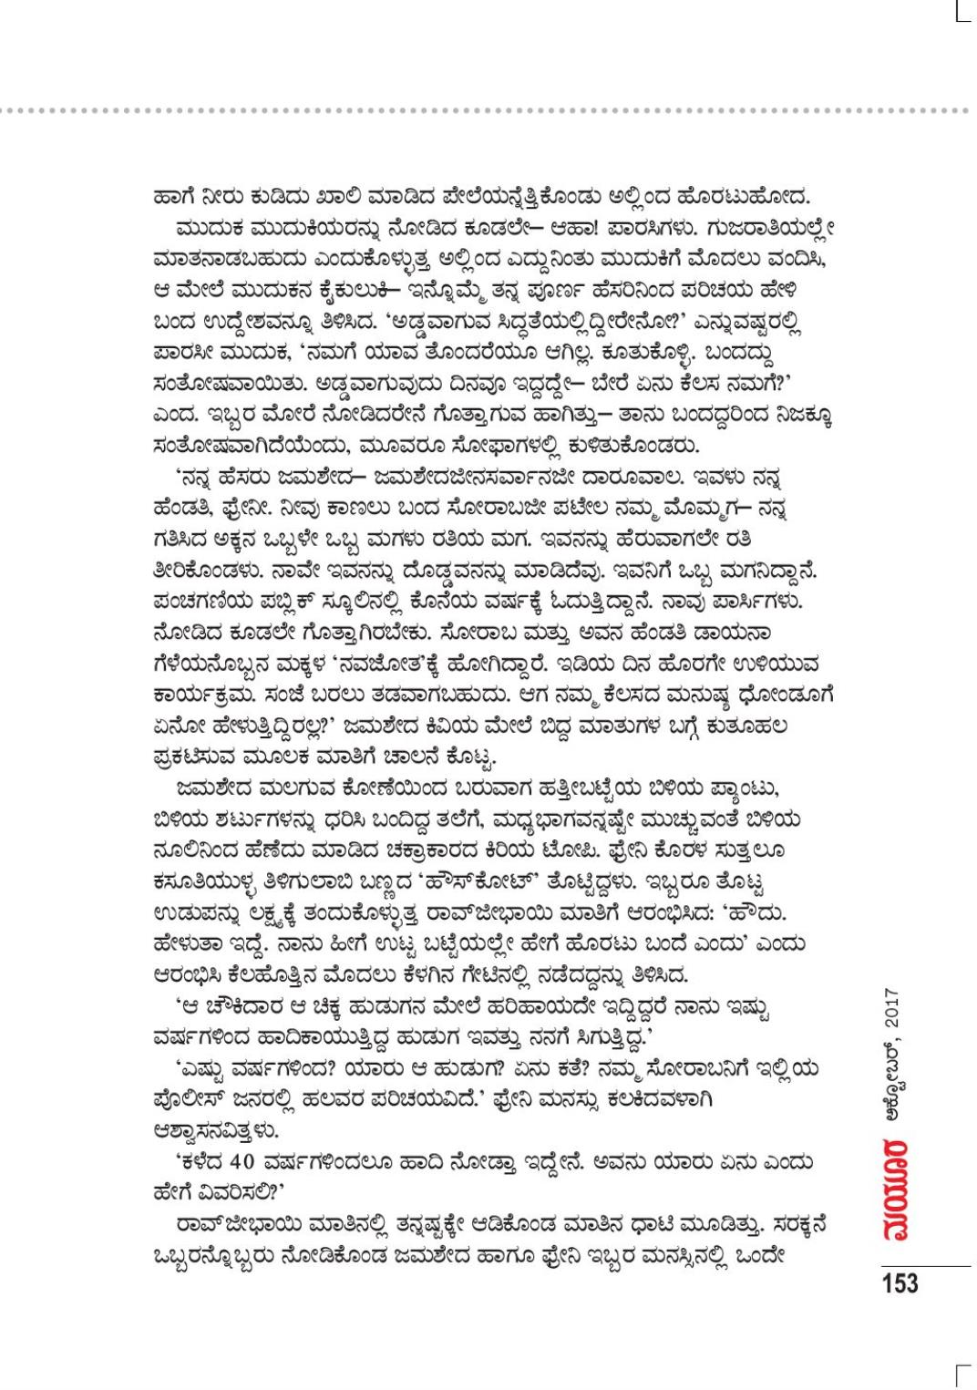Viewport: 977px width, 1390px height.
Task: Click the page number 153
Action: click(900, 1284)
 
